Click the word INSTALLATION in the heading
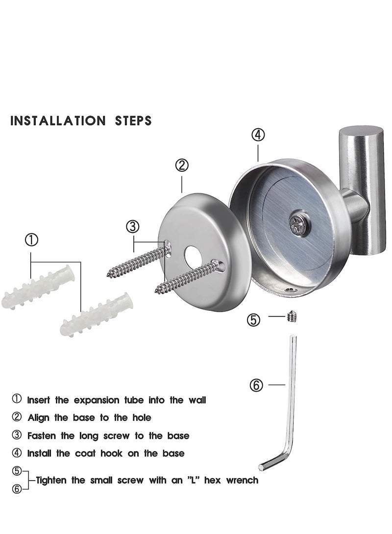[55, 120]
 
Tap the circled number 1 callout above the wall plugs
[31, 240]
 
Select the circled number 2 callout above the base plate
[182, 165]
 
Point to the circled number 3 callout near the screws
[133, 227]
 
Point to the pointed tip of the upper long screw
[108, 275]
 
